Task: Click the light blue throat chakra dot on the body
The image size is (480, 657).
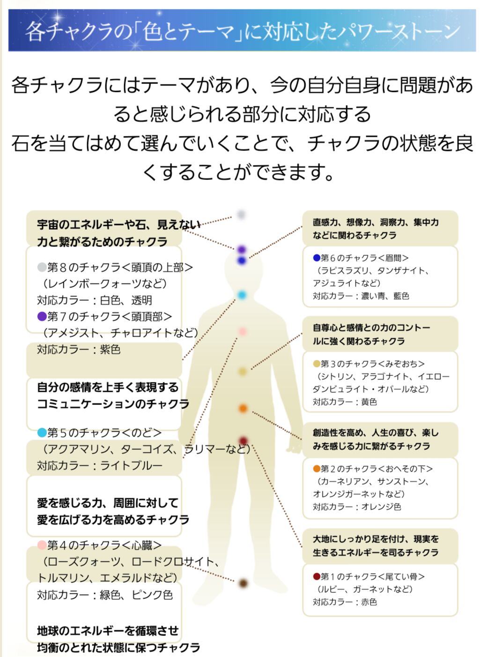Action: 242,295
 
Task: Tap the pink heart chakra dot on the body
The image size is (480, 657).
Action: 242,332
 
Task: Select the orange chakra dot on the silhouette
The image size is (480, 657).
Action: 243,409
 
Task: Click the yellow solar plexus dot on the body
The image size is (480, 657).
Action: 242,372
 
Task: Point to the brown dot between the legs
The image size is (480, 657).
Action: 243,583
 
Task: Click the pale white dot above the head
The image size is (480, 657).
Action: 241,215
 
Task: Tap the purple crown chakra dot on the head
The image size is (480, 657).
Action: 242,250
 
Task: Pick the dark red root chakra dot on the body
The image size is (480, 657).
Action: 243,440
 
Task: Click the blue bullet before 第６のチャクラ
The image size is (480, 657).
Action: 317,258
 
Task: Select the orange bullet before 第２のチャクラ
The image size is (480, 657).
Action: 317,469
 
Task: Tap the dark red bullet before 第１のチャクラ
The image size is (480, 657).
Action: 317,576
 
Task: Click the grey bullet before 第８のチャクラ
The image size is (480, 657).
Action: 42,268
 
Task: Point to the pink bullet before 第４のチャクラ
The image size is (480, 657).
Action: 42,545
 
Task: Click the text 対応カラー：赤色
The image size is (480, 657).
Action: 345,602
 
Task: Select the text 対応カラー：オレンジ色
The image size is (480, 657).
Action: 357,507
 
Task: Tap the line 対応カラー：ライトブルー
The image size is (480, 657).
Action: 100,466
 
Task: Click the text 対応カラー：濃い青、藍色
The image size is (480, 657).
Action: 361,296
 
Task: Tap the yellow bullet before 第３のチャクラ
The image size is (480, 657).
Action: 317,364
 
